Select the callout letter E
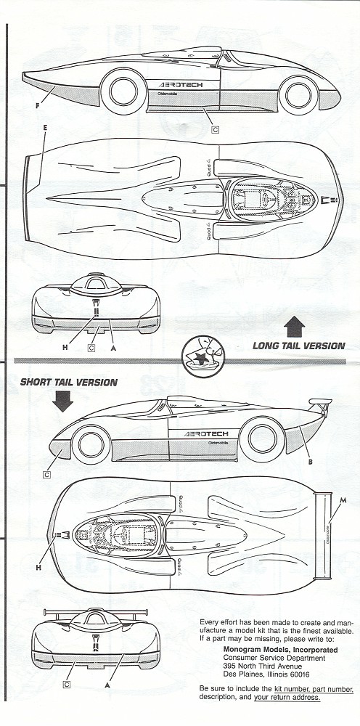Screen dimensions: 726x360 (45, 128)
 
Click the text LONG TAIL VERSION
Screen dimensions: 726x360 (298, 346)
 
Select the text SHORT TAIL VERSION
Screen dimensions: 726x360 (68, 381)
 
